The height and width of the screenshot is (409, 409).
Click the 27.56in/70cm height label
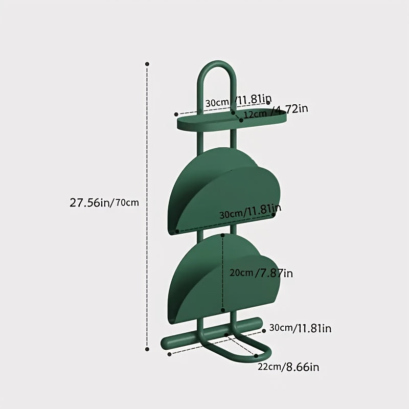(x=104, y=202)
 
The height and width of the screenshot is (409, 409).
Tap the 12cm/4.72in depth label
(x=276, y=111)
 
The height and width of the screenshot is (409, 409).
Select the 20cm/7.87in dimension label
(x=261, y=273)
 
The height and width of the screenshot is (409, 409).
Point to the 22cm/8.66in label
(x=288, y=367)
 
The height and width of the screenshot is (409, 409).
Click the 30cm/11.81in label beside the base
(x=300, y=328)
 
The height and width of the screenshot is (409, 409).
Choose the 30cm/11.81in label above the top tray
(x=238, y=101)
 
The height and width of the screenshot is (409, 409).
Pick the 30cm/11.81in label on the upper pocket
(x=251, y=211)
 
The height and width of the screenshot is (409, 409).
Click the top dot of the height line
(x=147, y=64)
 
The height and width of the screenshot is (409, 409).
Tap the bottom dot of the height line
(x=147, y=349)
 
